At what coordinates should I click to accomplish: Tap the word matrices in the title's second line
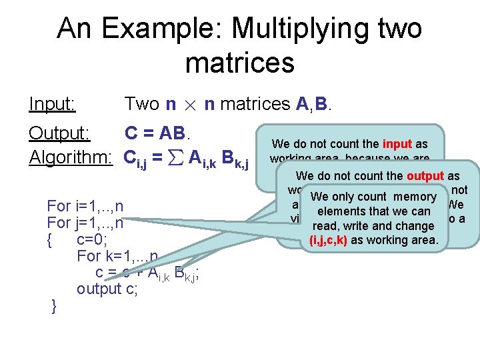(239, 63)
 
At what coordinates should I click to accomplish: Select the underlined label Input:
(52, 104)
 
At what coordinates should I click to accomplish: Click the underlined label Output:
(59, 133)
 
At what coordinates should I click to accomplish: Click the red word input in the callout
(397, 144)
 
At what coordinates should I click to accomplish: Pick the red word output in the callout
(425, 177)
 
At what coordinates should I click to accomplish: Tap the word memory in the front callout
(414, 197)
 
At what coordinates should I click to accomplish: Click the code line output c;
(107, 289)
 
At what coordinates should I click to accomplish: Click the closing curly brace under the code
(54, 306)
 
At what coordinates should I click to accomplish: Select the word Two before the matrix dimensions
(142, 105)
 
